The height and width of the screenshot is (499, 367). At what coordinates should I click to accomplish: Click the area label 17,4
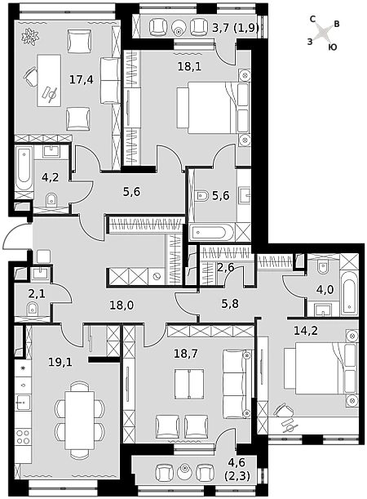(82, 79)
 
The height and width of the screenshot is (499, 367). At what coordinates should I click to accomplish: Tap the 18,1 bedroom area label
(190, 66)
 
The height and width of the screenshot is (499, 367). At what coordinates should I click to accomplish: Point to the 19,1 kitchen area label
(60, 362)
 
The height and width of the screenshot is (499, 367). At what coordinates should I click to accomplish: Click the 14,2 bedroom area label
(306, 331)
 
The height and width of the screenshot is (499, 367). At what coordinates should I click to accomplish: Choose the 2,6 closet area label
(226, 267)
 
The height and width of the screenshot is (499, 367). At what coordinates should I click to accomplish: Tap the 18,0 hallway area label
(122, 305)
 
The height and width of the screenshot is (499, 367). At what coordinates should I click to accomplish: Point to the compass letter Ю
(333, 47)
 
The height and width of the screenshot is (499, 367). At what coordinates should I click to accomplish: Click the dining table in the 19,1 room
(79, 420)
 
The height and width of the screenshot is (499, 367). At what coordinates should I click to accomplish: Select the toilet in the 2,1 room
(32, 309)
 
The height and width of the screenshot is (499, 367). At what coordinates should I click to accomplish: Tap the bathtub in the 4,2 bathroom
(24, 168)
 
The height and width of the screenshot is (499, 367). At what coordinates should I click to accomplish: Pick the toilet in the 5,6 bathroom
(202, 195)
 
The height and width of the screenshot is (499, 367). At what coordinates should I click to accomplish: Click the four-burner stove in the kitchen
(23, 437)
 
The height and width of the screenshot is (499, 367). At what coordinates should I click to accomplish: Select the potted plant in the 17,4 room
(31, 36)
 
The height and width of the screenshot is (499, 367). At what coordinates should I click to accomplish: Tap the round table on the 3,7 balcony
(179, 28)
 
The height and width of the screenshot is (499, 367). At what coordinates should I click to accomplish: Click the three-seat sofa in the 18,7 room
(237, 384)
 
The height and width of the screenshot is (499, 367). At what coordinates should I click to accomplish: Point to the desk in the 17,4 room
(49, 80)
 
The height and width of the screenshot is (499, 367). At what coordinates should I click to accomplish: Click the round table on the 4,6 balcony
(185, 471)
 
